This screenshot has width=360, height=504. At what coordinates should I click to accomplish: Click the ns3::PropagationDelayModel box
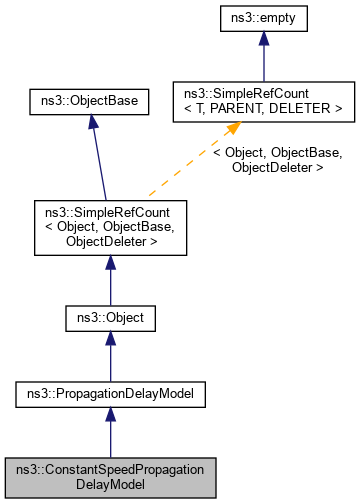point(109,396)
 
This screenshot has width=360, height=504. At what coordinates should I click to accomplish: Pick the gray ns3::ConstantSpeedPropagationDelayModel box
point(109,476)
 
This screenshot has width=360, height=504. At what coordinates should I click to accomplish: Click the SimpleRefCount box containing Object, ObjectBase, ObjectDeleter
point(109,227)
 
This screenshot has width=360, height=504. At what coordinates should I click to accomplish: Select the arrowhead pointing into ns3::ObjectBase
point(92,119)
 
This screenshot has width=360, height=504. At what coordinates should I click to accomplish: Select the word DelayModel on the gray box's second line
point(109,484)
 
